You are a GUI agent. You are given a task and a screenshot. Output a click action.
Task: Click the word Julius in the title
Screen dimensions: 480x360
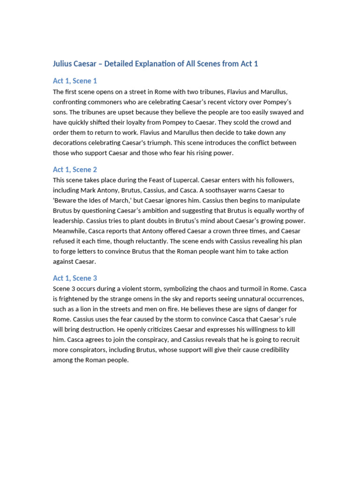pos(63,64)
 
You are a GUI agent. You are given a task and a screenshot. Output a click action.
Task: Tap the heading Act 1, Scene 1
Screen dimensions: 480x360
pos(75,81)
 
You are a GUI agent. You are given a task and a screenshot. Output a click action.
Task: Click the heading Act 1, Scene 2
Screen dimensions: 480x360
pos(75,170)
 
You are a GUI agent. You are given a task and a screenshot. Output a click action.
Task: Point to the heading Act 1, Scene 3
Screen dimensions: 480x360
pos(75,278)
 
